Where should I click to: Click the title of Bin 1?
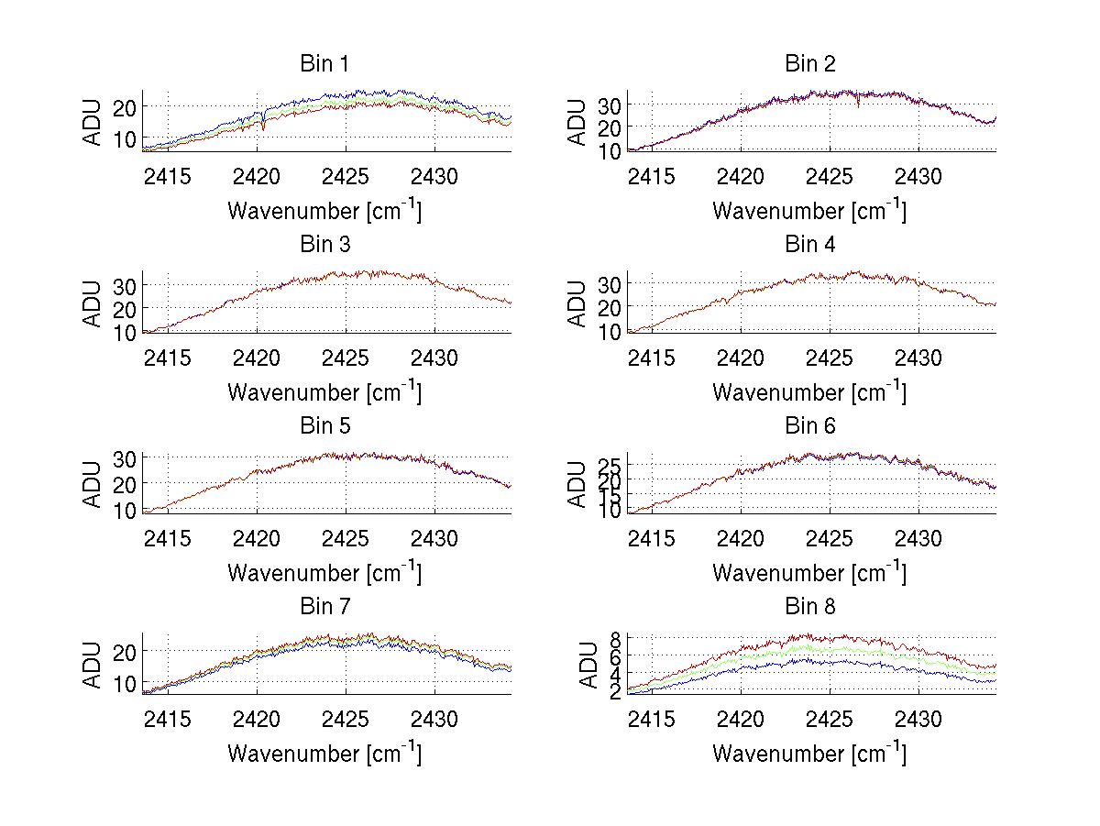pyautogui.click(x=324, y=64)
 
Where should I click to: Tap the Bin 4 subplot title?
pyautogui.click(x=810, y=245)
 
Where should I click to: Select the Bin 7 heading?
pyautogui.click(x=324, y=607)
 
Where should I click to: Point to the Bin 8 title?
pyautogui.click(x=810, y=607)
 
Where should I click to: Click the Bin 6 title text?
pyautogui.click(x=810, y=426)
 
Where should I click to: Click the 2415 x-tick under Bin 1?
pyautogui.click(x=168, y=175)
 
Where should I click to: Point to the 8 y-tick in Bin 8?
pyautogui.click(x=617, y=638)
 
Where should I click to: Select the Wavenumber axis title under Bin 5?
pyautogui.click(x=324, y=573)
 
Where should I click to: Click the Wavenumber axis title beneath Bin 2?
pyautogui.click(x=810, y=211)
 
